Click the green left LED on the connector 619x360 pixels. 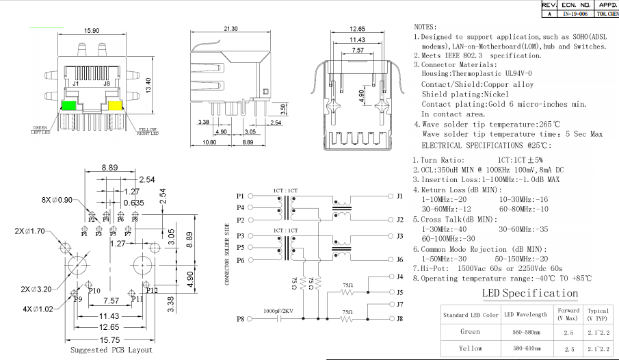pyautogui.click(x=69, y=106)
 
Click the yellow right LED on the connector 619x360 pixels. pyautogui.click(x=114, y=106)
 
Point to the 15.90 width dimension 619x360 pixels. pyautogui.click(x=92, y=31)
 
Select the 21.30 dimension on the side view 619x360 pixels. pyautogui.click(x=231, y=29)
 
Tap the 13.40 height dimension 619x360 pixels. pyautogui.click(x=148, y=85)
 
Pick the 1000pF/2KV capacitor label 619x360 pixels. pyautogui.click(x=279, y=311)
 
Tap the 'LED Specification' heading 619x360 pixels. pyautogui.click(x=530, y=293)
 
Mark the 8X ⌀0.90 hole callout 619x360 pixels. pyautogui.click(x=57, y=200)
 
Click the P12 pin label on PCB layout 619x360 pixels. pyautogui.click(x=151, y=291)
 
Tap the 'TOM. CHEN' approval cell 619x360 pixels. pyautogui.click(x=607, y=13)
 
